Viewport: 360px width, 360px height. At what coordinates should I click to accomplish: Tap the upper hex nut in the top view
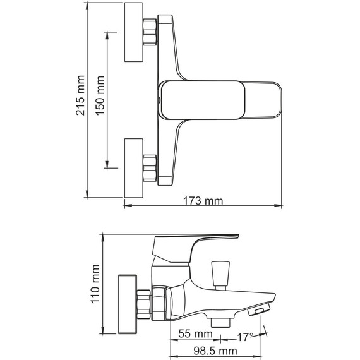(150, 33)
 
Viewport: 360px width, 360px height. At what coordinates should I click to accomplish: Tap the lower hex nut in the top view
(150, 167)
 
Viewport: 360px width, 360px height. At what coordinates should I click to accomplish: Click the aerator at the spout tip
(261, 309)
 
